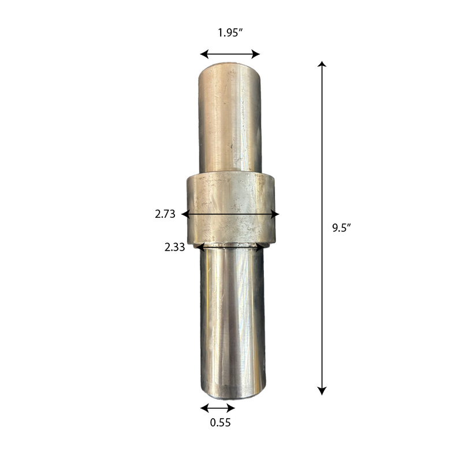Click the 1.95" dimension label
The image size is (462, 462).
(230, 33)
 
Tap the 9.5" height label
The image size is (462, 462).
(341, 228)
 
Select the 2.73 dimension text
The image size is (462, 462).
(165, 214)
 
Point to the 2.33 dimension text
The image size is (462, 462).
(174, 247)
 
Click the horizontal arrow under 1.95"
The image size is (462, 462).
(230, 54)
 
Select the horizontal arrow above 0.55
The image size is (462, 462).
(218, 408)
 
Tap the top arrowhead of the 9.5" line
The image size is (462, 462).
(322, 64)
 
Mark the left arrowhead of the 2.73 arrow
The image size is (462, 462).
(185, 214)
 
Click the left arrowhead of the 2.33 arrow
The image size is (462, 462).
(199, 247)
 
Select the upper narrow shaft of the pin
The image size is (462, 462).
(230, 121)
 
